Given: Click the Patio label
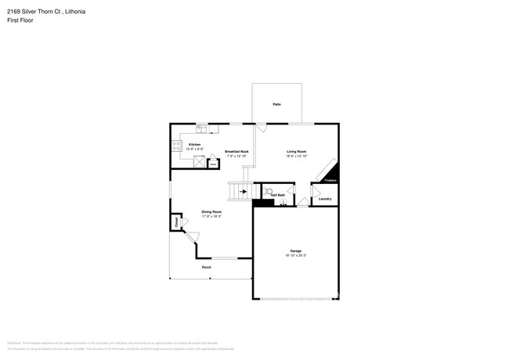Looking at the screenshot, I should coord(276,104).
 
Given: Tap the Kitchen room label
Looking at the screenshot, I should coord(194,145).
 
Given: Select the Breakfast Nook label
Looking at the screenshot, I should coord(236,151).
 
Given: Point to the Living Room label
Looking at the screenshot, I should coord(296,151).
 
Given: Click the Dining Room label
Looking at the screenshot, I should coord(211,212).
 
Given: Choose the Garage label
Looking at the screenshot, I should coord(295,251).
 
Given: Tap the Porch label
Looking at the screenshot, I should coord(207,268).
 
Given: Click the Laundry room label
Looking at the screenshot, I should coord(324,199).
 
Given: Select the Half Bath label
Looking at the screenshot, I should coord(278,195).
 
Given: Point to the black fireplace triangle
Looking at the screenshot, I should coord(332,173).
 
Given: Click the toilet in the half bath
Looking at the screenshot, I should coord(269,190).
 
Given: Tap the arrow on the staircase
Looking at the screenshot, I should coord(243,191).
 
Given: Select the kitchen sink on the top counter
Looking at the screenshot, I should coord(201,128).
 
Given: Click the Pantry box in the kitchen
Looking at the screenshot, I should coord(212,163).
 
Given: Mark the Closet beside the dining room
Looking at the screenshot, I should coord(176,222).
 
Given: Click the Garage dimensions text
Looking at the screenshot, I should coord(295,256).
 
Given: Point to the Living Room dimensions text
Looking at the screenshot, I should coord(296,156).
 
